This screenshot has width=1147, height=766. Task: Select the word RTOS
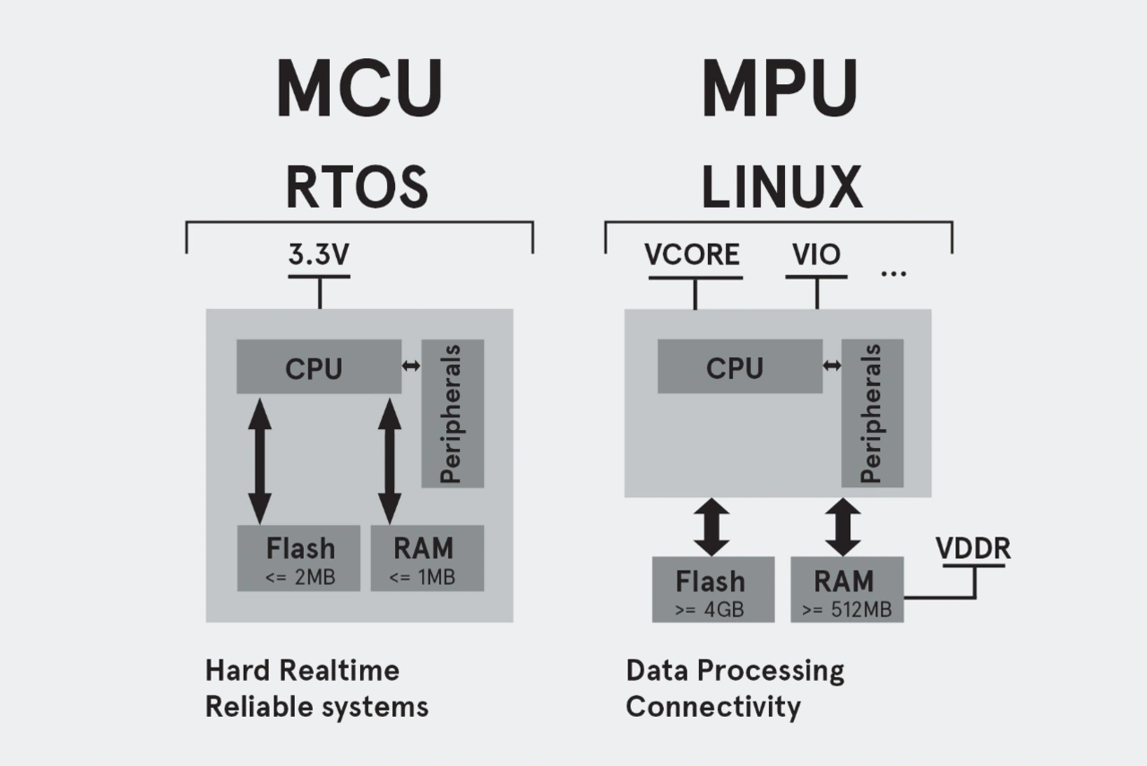357,186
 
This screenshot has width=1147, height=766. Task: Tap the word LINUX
781,186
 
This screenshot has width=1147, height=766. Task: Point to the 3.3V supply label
319,254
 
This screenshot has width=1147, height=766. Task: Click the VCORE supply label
693,254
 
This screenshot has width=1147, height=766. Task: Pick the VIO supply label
816,254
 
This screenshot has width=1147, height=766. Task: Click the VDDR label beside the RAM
973,547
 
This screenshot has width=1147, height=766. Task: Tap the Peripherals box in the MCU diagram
453,413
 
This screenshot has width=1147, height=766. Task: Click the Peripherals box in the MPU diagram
872,413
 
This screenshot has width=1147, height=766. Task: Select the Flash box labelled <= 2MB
298,558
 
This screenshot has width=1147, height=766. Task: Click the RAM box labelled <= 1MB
427,558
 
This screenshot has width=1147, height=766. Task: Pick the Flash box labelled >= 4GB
712,590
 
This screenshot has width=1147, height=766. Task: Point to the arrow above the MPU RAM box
842,527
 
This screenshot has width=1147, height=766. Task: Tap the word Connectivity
713,706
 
